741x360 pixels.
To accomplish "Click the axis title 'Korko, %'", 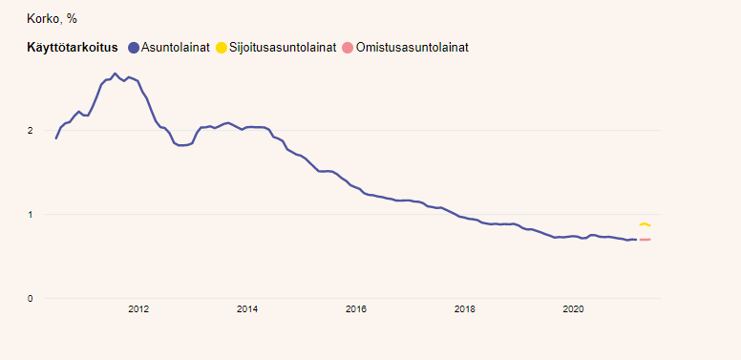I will tap(53, 18).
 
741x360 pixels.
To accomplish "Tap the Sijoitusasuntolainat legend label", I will tap(283, 48).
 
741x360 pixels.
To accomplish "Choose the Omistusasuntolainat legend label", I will tap(413, 48).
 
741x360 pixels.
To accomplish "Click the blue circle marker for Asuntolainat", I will tap(134, 48).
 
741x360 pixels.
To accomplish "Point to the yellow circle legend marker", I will tap(222, 48).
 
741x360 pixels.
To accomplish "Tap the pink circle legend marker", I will tap(348, 48).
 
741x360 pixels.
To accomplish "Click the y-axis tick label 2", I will tap(30, 130).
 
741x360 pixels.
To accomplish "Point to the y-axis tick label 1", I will tap(30, 215).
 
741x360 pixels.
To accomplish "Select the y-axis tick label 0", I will tap(30, 299).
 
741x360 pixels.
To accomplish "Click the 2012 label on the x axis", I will tap(138, 308).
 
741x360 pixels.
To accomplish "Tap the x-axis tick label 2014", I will tap(247, 308).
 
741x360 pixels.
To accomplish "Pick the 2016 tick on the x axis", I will tap(356, 308).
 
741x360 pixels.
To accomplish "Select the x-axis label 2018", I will tap(465, 308).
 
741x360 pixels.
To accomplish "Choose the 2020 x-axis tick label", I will tap(573, 308).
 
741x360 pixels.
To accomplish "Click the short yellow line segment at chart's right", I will tap(645, 224).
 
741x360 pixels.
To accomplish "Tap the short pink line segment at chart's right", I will tap(645, 240).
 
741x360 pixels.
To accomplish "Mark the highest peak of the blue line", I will tap(116, 74).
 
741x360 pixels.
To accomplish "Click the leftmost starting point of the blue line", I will tap(56, 138).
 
